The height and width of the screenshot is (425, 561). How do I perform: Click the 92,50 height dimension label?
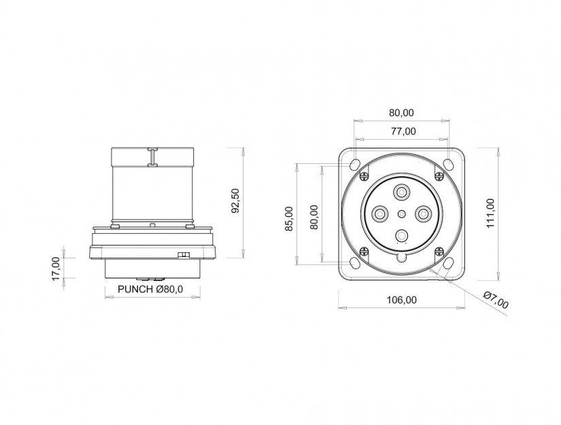tap(235, 201)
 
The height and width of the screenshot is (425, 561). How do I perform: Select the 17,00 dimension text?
tap(56, 269)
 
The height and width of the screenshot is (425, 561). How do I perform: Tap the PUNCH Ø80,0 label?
tap(150, 289)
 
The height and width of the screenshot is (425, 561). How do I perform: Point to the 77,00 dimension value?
tap(403, 131)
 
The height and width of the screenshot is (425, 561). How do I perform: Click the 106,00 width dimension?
tap(402, 300)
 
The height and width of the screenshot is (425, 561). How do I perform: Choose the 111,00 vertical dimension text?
tap(490, 214)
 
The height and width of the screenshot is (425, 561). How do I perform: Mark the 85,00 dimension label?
tap(290, 218)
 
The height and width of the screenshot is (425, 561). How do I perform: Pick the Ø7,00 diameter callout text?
tap(496, 300)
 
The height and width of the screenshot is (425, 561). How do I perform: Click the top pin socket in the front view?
tap(402, 193)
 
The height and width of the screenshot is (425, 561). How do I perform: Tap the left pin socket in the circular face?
tap(379, 215)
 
